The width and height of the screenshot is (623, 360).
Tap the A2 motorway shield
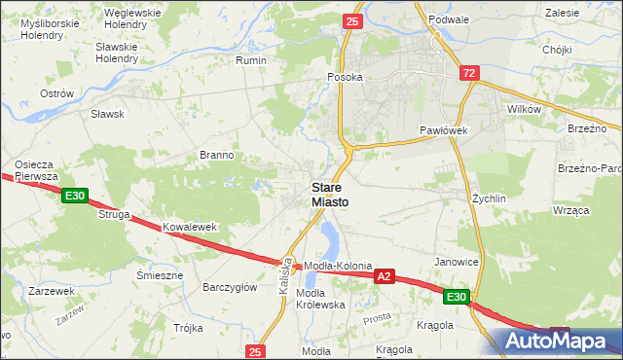click(385, 277)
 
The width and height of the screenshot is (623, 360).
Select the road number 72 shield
click(470, 73)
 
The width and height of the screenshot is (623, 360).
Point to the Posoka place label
click(346, 77)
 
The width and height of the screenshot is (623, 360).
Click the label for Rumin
click(251, 60)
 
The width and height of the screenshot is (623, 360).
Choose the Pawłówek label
click(445, 129)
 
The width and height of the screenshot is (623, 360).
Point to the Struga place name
click(113, 214)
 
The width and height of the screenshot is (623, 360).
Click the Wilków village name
click(524, 110)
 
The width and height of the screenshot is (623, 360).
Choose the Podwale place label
click(453, 18)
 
